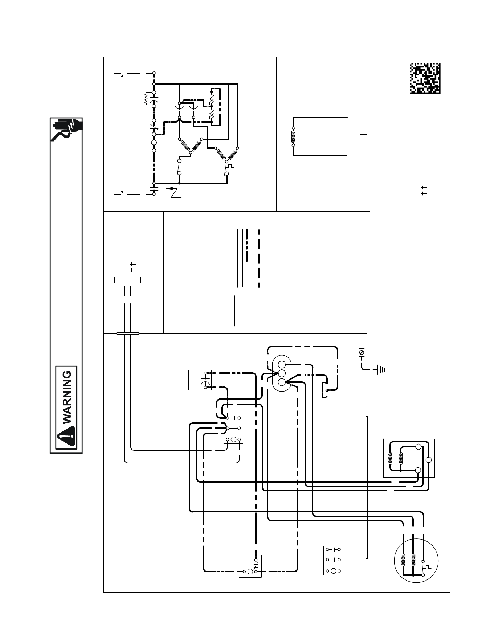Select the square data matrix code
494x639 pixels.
coord(425,78)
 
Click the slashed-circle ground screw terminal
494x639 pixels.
coord(361,352)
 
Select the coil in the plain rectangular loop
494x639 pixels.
coord(293,136)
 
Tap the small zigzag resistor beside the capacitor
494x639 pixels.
coord(146,99)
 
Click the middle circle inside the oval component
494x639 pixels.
coord(282,374)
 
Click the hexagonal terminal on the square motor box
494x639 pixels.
coord(429,460)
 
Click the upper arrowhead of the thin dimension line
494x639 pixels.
coord(122,75)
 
